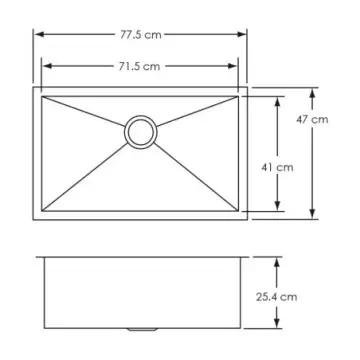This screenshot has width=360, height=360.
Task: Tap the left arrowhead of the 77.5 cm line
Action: pyautogui.click(x=38, y=34)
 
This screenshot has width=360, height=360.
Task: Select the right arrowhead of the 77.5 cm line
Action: pyautogui.click(x=245, y=34)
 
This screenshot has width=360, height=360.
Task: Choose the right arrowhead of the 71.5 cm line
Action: pyautogui.click(x=237, y=67)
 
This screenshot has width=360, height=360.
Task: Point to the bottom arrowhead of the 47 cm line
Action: pyautogui.click(x=314, y=215)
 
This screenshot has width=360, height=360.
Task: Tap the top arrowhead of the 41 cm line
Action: pyautogui.click(x=278, y=98)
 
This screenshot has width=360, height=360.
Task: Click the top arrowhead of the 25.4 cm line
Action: pyautogui.click(x=278, y=258)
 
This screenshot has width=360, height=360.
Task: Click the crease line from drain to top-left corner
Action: pyautogui.click(x=85, y=111)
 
